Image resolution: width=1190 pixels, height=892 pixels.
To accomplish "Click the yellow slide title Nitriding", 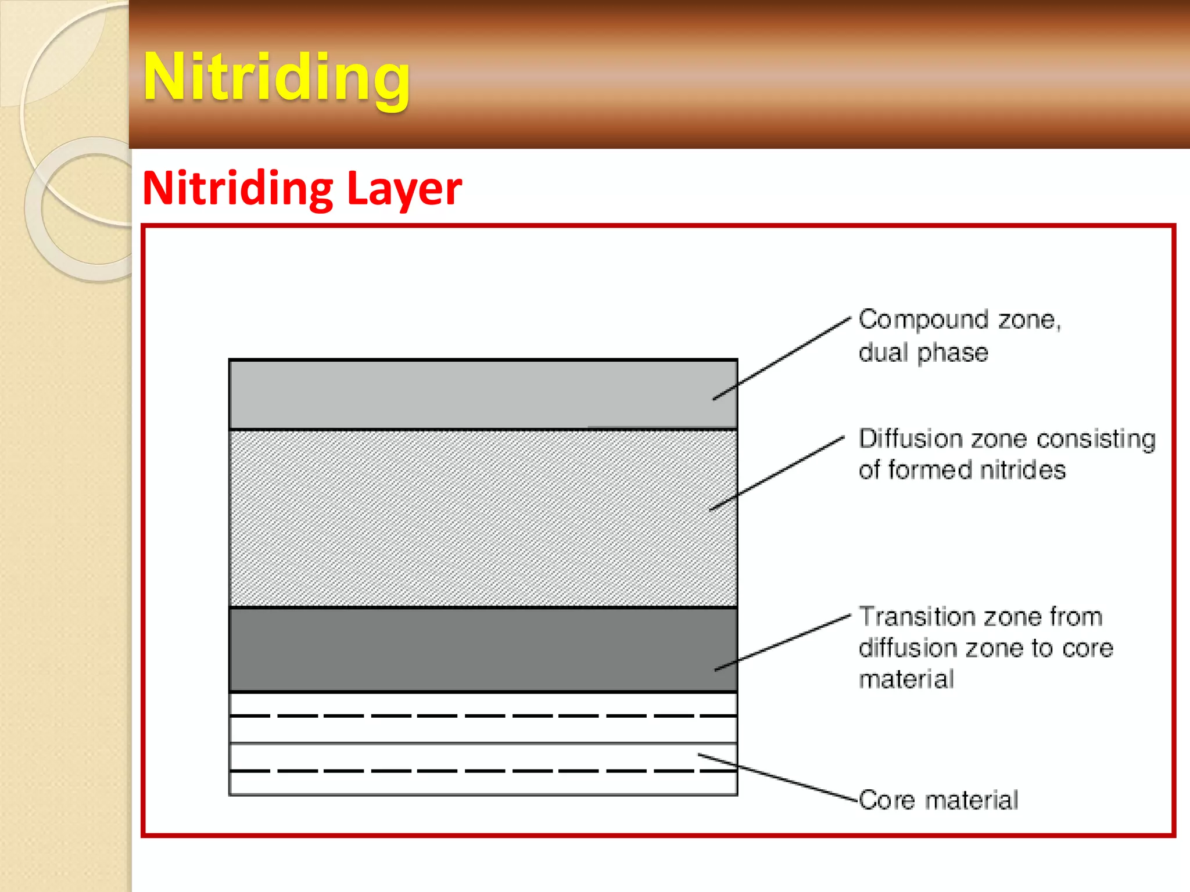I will pos(277,78).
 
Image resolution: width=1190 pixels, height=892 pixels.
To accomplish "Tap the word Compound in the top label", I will pos(923,320).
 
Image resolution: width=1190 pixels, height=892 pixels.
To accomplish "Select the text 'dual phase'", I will pos(923,353).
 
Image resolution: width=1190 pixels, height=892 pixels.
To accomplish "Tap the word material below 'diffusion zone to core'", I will pos(906,679).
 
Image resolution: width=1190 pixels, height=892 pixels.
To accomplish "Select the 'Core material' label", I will pos(938,800).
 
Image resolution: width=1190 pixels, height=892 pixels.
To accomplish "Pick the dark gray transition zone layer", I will pos(482,649).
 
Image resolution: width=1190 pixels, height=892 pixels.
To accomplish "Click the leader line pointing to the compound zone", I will pos(782,359).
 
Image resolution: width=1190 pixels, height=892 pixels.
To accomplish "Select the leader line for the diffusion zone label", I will pos(777,473).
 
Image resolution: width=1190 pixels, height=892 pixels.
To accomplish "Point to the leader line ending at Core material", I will pos(779,778).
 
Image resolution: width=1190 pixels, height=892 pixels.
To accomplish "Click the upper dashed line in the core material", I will pos(482,716).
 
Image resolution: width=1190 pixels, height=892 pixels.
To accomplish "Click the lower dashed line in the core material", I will pos(482,771).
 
